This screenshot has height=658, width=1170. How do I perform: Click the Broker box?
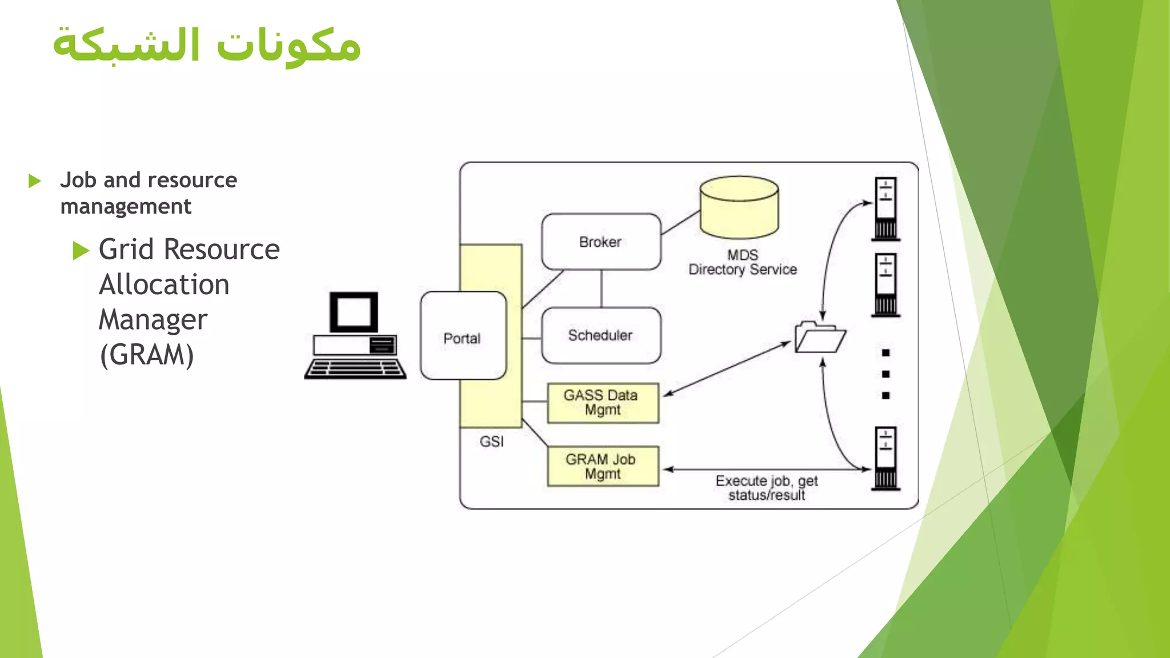[x=600, y=242]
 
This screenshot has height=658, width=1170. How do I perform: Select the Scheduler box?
[x=600, y=335]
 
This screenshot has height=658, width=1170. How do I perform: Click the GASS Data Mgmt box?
[x=602, y=403]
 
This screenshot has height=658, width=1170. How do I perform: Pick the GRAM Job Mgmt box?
[x=602, y=466]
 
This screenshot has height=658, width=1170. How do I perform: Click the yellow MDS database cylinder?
[x=739, y=208]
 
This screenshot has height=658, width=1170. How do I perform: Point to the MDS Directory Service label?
[x=742, y=263]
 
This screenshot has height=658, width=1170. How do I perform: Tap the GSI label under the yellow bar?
[x=491, y=442]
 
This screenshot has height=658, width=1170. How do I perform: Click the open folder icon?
[x=819, y=338]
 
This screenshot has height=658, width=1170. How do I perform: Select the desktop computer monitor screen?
[x=354, y=311]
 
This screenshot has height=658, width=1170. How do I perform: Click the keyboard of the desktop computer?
[x=355, y=369]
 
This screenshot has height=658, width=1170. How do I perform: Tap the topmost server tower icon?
[x=885, y=208]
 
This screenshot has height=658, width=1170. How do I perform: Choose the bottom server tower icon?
[x=885, y=458]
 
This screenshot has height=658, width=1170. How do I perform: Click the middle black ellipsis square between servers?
[x=885, y=374]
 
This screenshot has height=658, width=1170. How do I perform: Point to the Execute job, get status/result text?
[x=766, y=488]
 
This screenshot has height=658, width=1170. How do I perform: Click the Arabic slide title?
[x=207, y=45]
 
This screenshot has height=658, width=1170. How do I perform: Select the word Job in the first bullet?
[x=78, y=180]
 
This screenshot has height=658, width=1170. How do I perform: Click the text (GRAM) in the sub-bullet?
[x=147, y=355]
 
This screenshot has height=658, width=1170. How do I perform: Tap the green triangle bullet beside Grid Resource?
[x=81, y=250]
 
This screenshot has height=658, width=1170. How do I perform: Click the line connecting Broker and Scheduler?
[x=601, y=288]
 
